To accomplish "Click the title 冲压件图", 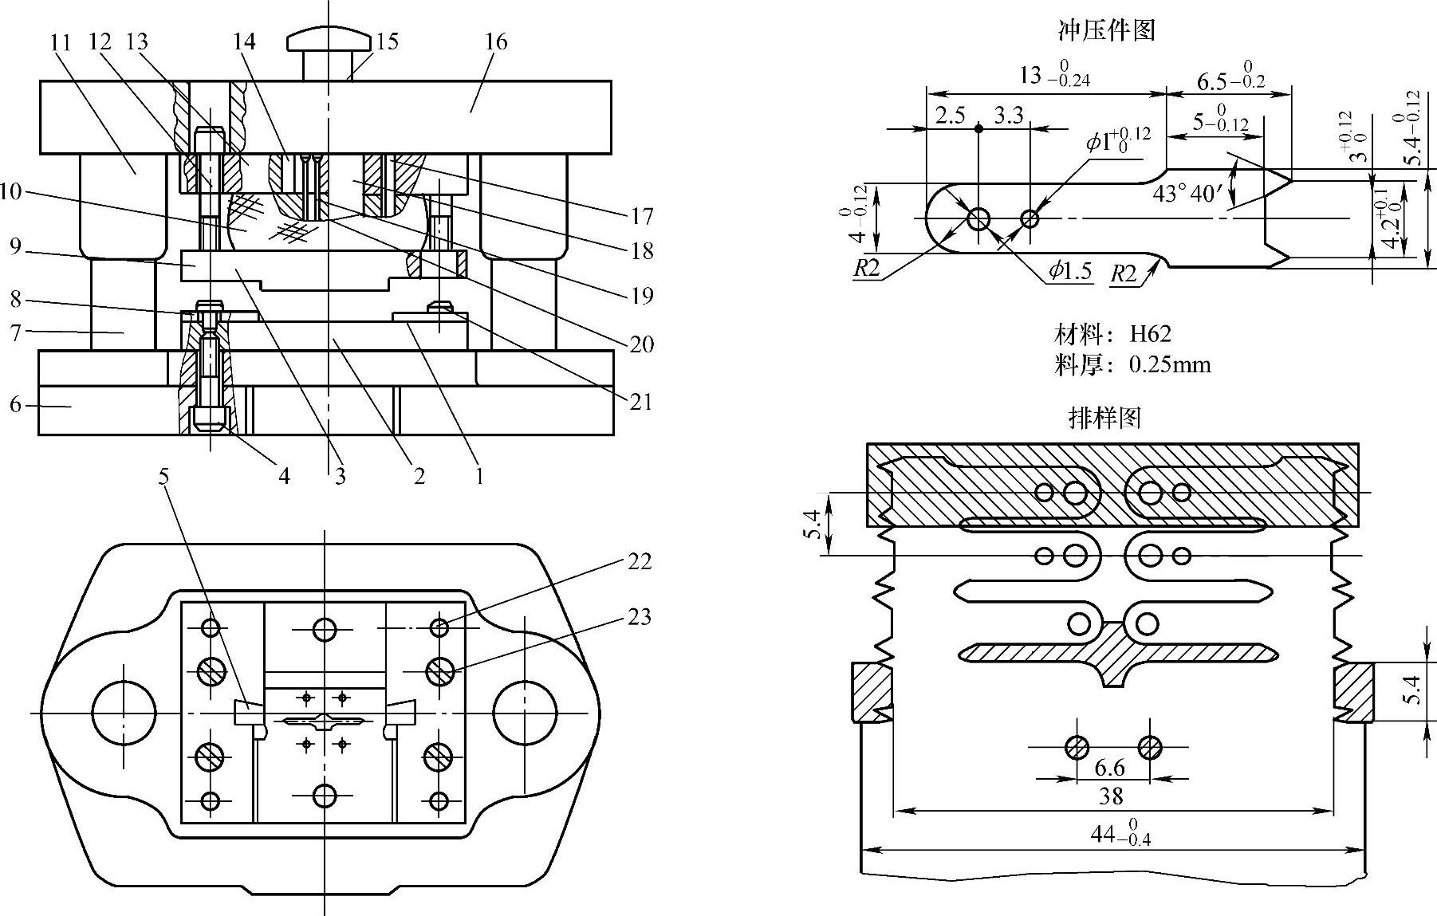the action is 1106,31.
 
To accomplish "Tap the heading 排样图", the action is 1104,417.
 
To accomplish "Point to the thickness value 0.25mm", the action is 1170,365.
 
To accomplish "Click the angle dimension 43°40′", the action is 1187,194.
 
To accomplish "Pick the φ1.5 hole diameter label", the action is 1070,271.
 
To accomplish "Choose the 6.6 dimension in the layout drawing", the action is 1109,768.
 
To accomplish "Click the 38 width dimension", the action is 1111,796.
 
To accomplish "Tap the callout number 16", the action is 495,41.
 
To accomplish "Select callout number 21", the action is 641,402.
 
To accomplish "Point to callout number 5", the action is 163,477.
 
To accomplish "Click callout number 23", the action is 640,617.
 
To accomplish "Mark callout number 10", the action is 11,192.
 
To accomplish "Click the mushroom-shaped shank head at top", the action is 329,39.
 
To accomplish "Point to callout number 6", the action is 15,405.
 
